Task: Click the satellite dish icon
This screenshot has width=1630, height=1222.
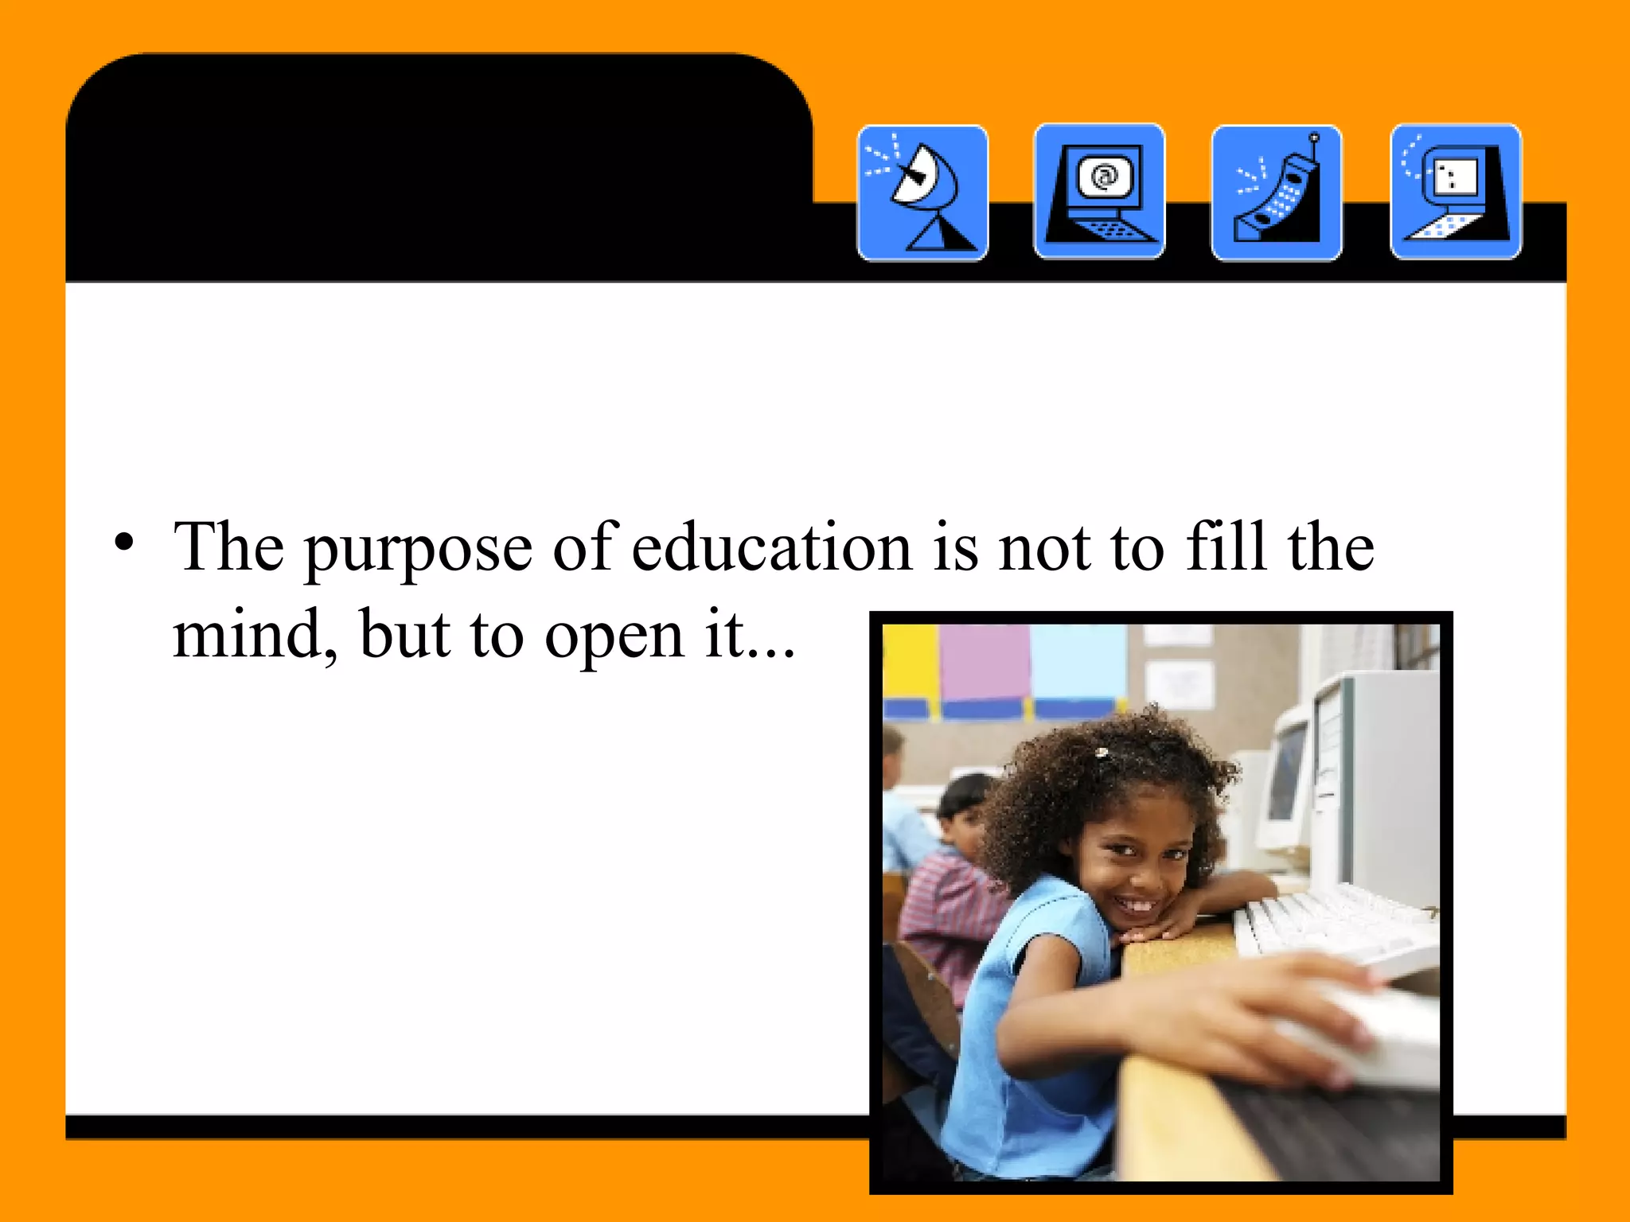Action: point(922,193)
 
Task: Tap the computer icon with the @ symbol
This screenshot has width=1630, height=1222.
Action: point(1099,192)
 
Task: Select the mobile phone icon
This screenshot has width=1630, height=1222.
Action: point(1277,193)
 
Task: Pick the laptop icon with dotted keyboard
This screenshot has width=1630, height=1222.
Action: point(1456,192)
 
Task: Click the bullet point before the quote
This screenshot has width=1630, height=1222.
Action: point(123,543)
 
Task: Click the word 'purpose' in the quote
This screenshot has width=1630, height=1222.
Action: point(419,550)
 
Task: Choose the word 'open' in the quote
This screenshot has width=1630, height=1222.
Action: point(614,638)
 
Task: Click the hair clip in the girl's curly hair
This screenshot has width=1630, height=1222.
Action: point(1102,752)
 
